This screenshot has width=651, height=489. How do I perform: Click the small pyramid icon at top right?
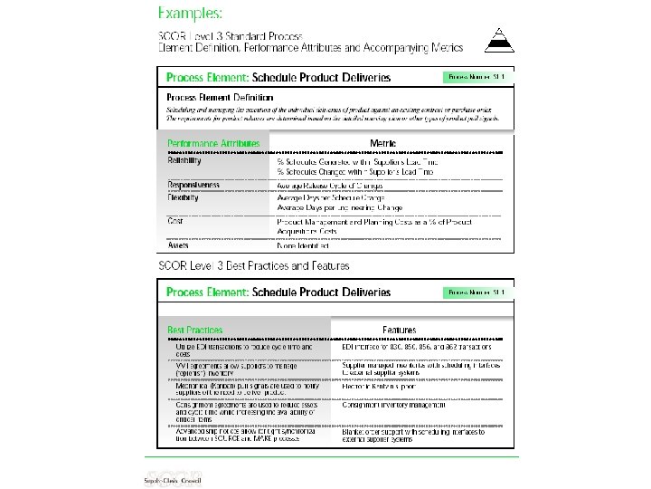click(495, 39)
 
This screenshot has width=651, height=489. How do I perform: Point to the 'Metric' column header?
click(383, 143)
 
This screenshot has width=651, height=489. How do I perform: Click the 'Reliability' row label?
click(184, 160)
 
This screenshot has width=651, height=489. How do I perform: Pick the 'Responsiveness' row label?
click(193, 185)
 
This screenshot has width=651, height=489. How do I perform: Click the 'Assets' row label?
click(178, 245)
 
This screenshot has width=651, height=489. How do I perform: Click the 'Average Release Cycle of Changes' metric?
click(330, 186)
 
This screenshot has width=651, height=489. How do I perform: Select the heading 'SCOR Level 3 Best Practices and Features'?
click(254, 266)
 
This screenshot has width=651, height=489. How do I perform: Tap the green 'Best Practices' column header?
click(194, 331)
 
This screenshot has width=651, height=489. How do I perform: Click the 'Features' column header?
click(399, 331)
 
